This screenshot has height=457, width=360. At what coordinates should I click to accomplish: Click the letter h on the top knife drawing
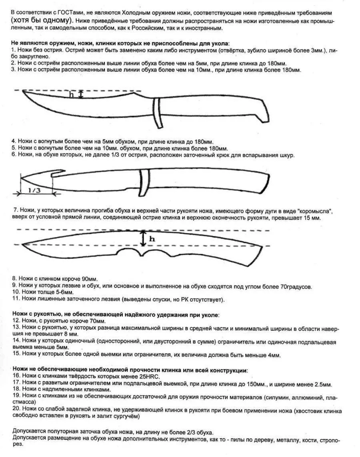(72, 95)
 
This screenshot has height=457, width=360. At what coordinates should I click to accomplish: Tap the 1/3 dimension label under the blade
(34, 191)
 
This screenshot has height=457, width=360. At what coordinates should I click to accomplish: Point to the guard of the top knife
(157, 113)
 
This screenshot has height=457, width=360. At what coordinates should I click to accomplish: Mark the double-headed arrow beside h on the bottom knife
(142, 238)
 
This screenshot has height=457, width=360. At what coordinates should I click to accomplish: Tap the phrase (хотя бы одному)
(40, 20)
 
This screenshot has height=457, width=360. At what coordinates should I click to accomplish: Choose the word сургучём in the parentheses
(126, 416)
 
